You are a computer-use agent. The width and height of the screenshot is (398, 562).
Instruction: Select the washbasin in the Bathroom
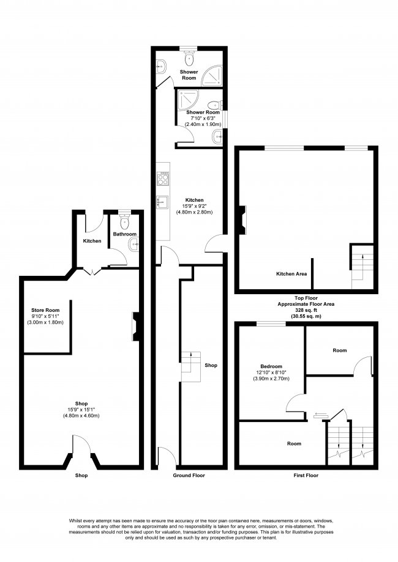134,245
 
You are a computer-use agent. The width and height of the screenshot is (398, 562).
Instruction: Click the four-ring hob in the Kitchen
163,178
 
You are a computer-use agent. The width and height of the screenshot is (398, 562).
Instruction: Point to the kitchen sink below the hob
162,201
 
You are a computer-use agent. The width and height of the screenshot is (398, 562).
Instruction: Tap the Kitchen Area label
291,273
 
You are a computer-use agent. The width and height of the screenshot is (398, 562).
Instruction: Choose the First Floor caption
305,475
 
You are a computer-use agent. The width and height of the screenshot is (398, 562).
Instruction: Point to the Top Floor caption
306,297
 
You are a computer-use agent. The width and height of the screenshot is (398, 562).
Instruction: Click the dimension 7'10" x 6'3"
203,118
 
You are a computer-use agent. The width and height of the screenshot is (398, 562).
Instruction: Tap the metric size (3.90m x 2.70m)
270,379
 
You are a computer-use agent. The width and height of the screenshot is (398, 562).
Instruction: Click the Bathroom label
124,234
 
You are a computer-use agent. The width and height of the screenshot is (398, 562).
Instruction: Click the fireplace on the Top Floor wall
242,220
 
